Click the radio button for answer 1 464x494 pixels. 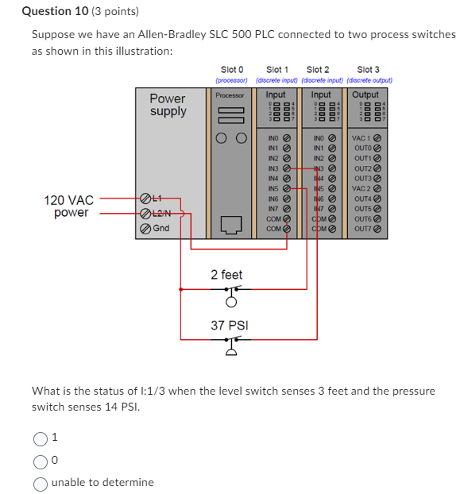(x=41, y=437)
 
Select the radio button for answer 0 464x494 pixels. (x=41, y=459)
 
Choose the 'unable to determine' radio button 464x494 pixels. (x=41, y=482)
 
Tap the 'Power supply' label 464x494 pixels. (x=168, y=105)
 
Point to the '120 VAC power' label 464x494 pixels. (x=70, y=206)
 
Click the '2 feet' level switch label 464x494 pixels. (x=226, y=275)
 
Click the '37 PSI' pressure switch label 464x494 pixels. (x=229, y=326)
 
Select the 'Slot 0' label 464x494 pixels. (x=232, y=70)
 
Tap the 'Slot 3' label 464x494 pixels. (x=369, y=70)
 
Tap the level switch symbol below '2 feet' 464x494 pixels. (x=231, y=295)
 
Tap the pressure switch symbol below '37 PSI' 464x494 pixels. (x=231, y=345)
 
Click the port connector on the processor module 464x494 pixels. (x=231, y=225)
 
